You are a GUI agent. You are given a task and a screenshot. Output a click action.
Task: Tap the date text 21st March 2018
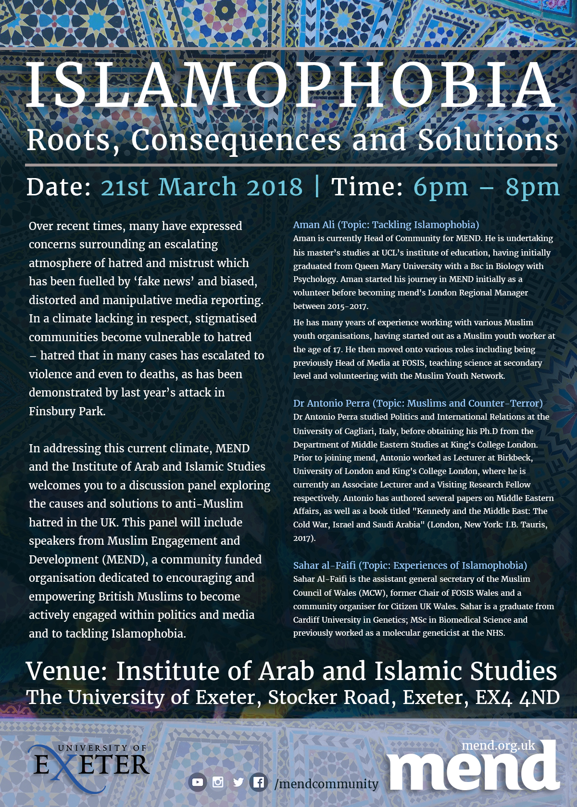click(x=202, y=187)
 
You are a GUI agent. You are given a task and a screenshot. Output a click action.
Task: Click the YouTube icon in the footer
click(x=197, y=782)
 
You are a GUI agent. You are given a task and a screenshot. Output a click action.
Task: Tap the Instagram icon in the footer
click(x=218, y=782)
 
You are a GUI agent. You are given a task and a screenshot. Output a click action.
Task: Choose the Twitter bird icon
click(x=238, y=782)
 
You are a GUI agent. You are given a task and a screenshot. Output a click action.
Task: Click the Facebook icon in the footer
click(x=258, y=782)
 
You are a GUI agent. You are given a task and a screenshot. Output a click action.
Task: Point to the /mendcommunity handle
click(x=326, y=784)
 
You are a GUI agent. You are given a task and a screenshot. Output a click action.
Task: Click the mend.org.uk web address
click(x=498, y=745)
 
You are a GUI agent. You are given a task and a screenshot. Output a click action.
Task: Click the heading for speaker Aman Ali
click(x=386, y=225)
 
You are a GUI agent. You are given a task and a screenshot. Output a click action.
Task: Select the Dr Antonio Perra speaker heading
click(x=418, y=403)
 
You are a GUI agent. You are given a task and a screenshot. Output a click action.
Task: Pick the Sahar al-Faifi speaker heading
click(x=410, y=565)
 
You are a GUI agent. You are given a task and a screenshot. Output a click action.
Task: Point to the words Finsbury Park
click(x=67, y=411)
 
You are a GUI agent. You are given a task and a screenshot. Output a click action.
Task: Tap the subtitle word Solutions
click(x=488, y=140)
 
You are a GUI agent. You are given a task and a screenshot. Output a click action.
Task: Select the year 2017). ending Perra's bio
click(x=304, y=538)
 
